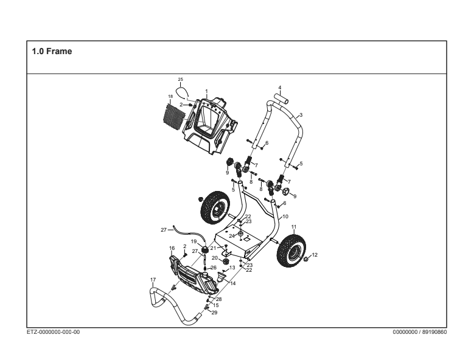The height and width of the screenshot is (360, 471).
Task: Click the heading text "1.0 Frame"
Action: coord(52,52)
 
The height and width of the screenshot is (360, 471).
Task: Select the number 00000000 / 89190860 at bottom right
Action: coord(420,332)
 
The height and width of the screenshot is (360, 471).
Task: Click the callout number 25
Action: coord(180,79)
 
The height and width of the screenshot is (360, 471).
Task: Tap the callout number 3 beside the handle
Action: coord(301,114)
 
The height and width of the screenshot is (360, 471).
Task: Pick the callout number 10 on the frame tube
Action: coord(285,216)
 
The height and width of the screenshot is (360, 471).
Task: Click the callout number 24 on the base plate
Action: coord(231,235)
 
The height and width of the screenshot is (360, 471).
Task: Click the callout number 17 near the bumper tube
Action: coord(153,279)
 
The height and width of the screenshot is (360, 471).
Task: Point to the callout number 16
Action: coord(172,248)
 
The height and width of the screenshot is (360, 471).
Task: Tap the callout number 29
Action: coord(214,313)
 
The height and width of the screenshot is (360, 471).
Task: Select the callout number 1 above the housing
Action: coord(207,91)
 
